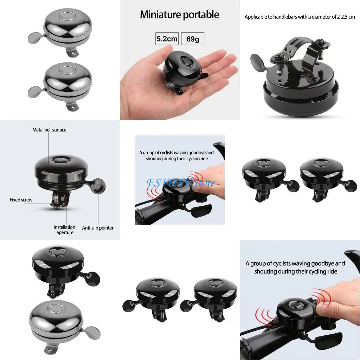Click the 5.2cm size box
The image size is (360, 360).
click(167, 39)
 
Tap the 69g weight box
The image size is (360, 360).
click(193, 39)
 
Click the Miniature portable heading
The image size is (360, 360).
click(179, 15)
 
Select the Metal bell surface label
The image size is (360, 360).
click(49, 130)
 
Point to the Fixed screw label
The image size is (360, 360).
click(21, 200)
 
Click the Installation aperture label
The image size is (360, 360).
click(64, 230)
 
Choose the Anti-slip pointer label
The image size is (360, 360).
click(98, 228)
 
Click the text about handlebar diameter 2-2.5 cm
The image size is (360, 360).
click(300, 17)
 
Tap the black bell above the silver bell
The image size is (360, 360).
click(58, 262)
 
